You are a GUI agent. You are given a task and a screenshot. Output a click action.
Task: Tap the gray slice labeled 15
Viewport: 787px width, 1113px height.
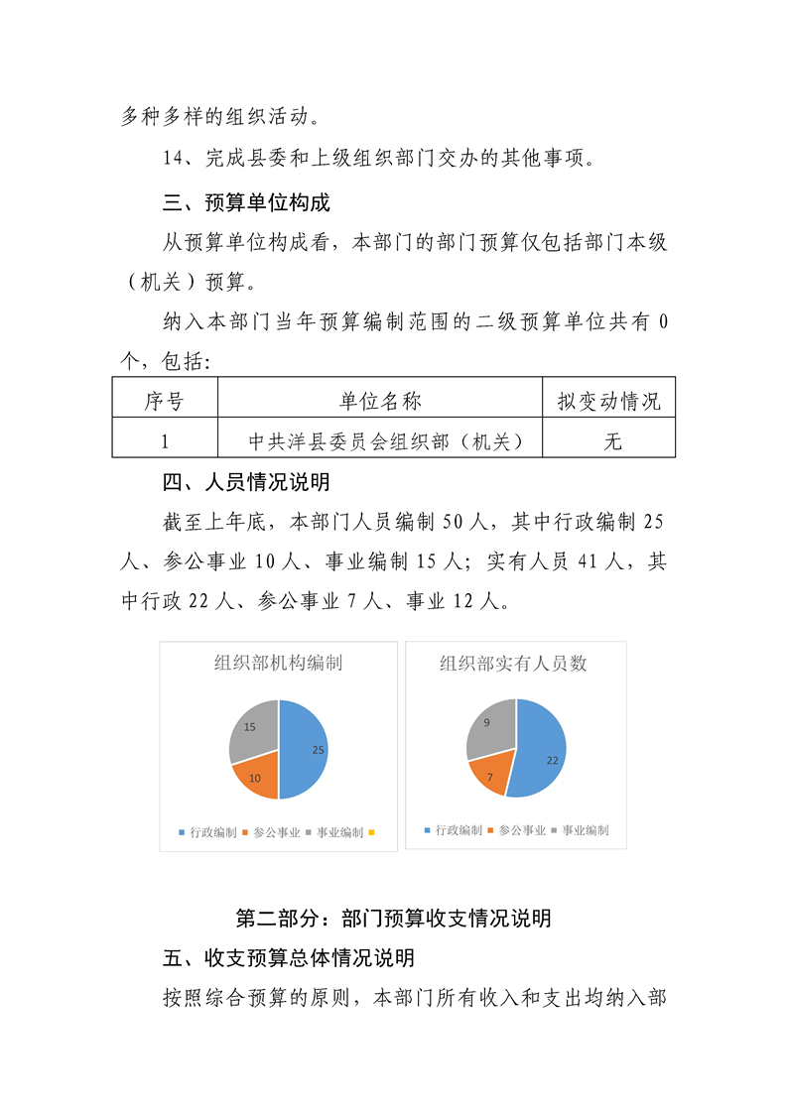pyautogui.click(x=250, y=729)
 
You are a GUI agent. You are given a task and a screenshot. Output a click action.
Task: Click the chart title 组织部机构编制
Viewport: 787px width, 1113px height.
pyautogui.click(x=279, y=663)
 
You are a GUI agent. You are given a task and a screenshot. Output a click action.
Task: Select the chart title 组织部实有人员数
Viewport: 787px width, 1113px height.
pyautogui.click(x=514, y=663)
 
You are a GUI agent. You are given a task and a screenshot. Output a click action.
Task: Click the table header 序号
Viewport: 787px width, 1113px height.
pyautogui.click(x=165, y=401)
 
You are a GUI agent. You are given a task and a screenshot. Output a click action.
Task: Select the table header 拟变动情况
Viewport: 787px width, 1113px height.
pyautogui.click(x=608, y=401)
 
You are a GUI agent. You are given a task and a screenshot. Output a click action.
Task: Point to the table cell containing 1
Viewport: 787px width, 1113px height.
pyautogui.click(x=165, y=440)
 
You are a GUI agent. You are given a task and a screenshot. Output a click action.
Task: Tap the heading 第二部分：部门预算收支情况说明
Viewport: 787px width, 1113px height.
pyautogui.click(x=393, y=918)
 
